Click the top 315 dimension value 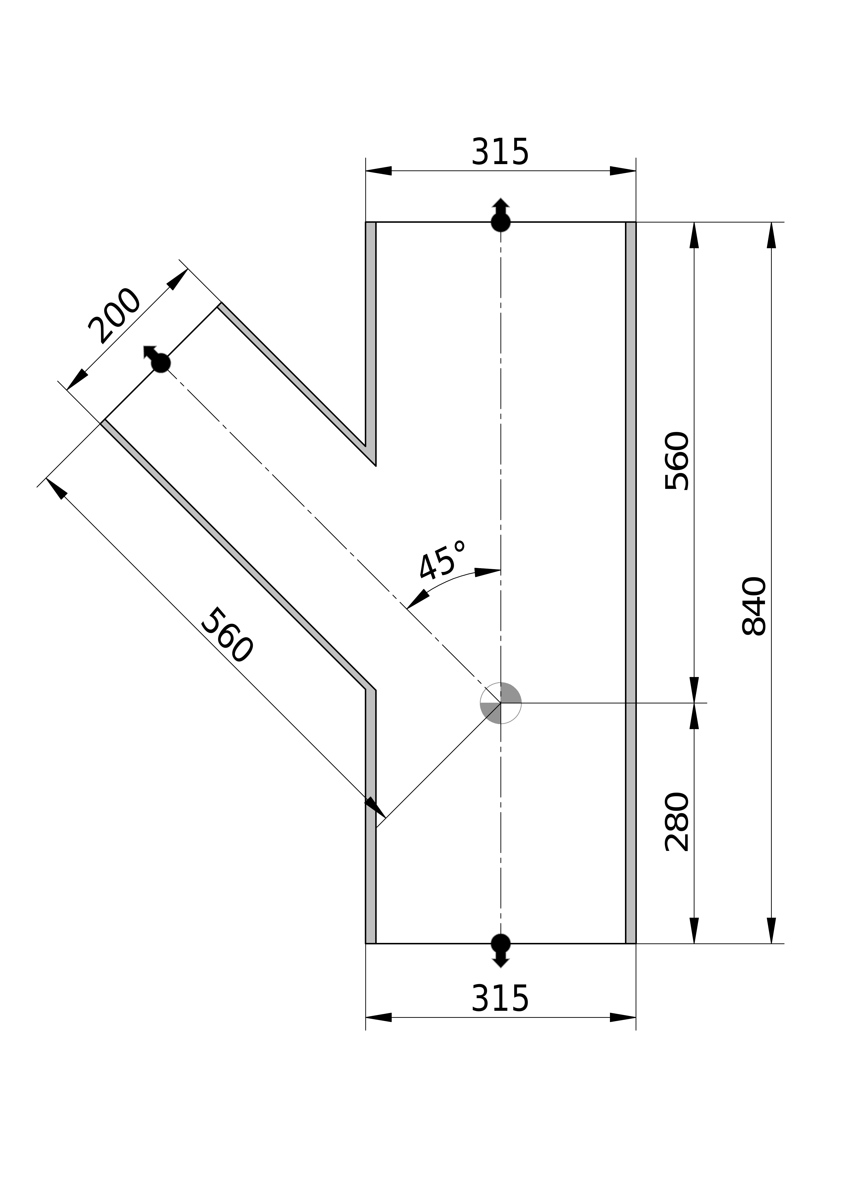click(500, 152)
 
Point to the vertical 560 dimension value click(677, 461)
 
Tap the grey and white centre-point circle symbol click(501, 703)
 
